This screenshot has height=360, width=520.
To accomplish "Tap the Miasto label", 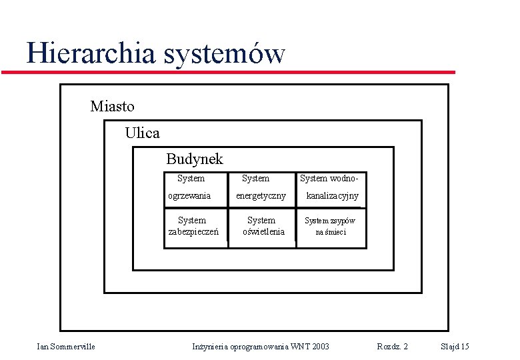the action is point(112,106).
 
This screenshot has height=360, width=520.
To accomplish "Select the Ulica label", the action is point(142,133).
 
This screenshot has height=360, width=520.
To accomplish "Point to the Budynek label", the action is point(194,159).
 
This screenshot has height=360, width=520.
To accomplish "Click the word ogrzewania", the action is point(189,195).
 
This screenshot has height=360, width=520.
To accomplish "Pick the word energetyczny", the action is point(261,195).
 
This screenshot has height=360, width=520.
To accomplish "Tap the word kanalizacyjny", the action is point(332,195).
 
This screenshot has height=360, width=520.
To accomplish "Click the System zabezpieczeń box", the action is point(193,226).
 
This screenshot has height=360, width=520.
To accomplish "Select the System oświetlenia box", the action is point(261,226).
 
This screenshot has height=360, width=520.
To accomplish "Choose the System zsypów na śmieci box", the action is point(331,226).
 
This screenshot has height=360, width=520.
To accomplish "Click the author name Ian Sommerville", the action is point(65,346).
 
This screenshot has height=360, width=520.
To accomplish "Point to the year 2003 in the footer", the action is point(319,346).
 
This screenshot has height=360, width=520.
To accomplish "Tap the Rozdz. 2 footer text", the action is point(392,346).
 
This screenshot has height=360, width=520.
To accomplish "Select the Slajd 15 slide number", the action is point(455,346).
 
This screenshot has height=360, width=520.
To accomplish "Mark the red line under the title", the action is point(227,71).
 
